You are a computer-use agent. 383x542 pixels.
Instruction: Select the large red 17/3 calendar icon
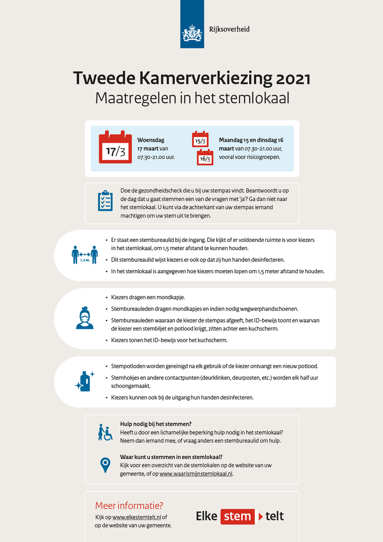tap(115, 147)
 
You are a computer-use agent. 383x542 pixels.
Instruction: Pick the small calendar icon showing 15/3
tap(200, 139)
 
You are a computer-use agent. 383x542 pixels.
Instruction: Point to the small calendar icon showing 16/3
tap(205, 157)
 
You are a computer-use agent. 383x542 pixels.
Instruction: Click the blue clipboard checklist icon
tap(105, 200)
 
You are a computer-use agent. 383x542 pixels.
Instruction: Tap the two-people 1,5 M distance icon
tap(85, 254)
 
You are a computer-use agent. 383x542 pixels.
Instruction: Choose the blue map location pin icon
tap(106, 464)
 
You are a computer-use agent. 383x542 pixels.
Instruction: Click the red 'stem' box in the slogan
tap(237, 516)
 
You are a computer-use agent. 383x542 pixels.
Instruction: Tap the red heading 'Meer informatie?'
tap(129, 505)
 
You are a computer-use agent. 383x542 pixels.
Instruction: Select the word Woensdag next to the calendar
tap(150, 140)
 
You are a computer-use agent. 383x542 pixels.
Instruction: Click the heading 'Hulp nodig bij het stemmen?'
tap(156, 424)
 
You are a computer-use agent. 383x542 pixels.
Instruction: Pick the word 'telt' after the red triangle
tap(275, 516)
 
